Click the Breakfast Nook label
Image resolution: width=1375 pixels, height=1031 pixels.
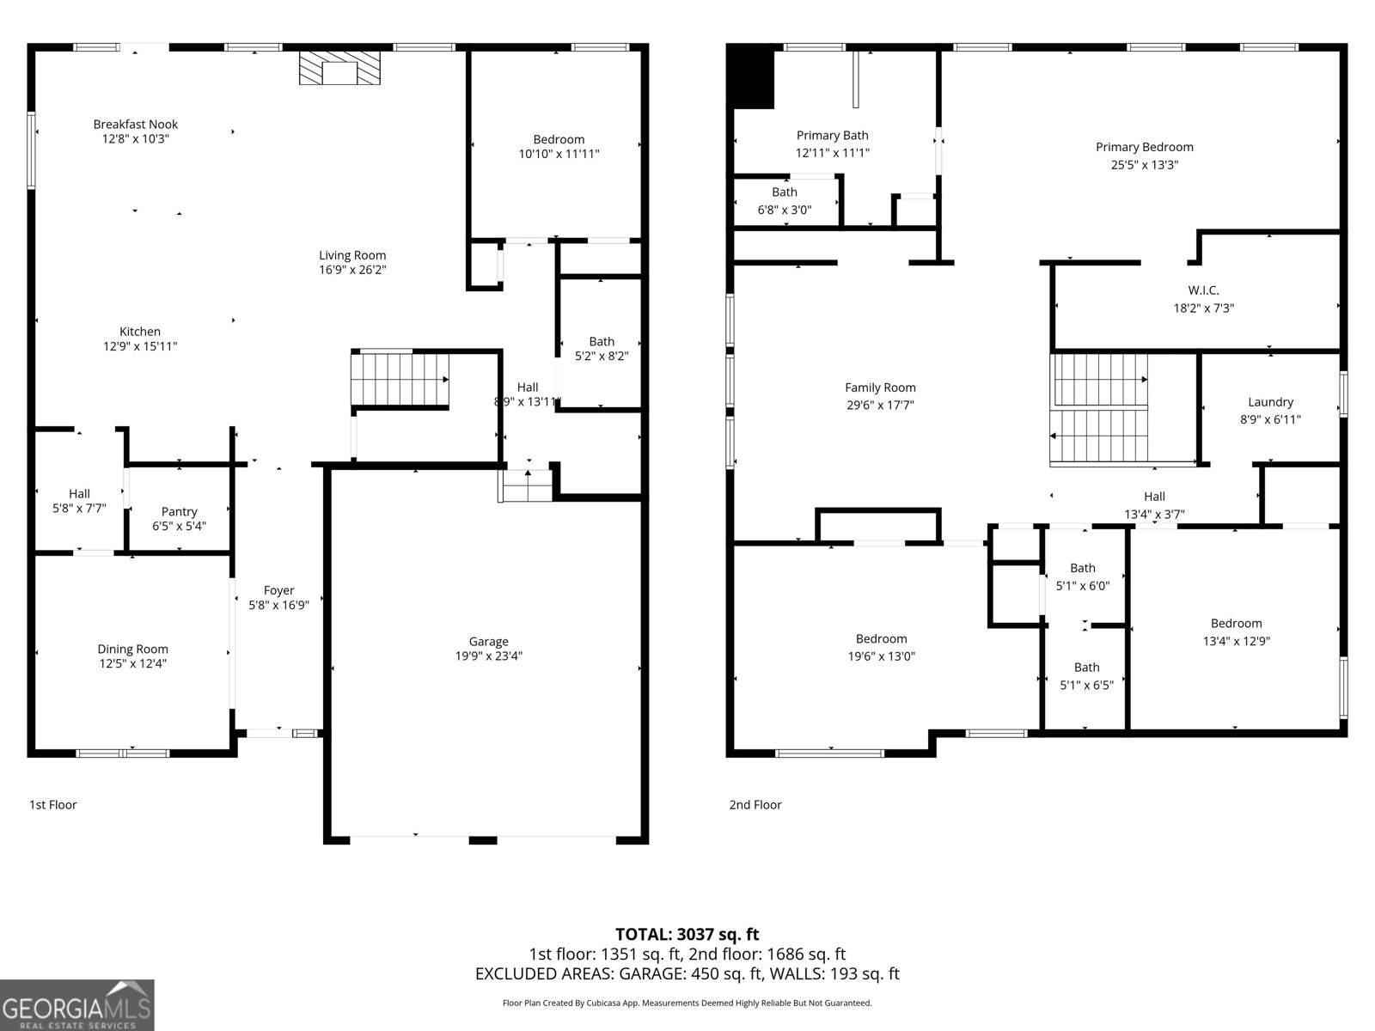pyautogui.click(x=135, y=125)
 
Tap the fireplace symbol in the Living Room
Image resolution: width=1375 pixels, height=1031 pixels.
pyautogui.click(x=339, y=68)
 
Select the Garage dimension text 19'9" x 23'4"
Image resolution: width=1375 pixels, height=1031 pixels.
pyautogui.click(x=489, y=656)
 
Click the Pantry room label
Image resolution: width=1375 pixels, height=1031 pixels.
pyautogui.click(x=179, y=511)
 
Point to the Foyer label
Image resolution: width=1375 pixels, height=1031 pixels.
pyautogui.click(x=278, y=590)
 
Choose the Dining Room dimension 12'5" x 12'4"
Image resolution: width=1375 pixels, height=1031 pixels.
pyautogui.click(x=133, y=663)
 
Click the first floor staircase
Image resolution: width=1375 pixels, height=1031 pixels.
pyautogui.click(x=400, y=380)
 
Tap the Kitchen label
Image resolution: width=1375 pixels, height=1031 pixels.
pyautogui.click(x=140, y=332)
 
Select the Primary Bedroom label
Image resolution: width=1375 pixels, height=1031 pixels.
pyautogui.click(x=1145, y=147)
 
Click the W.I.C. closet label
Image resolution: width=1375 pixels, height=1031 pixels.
pyautogui.click(x=1203, y=290)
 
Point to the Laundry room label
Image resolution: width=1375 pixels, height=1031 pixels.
pyautogui.click(x=1270, y=402)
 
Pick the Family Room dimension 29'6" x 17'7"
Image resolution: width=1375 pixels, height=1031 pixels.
pyautogui.click(x=880, y=405)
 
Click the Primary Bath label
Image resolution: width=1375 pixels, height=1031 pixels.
pyautogui.click(x=833, y=135)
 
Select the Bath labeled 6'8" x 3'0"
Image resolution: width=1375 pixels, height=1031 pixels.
pyautogui.click(x=785, y=192)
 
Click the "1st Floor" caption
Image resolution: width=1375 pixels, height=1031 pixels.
pyautogui.click(x=52, y=805)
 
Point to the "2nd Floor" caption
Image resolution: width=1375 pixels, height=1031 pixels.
pyautogui.click(x=755, y=805)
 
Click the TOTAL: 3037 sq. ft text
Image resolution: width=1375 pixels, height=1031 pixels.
pyautogui.click(x=687, y=935)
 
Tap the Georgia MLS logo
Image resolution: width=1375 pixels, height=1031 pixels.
pyautogui.click(x=77, y=1005)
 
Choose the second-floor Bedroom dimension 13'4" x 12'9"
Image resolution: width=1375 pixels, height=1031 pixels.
pyautogui.click(x=1236, y=641)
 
